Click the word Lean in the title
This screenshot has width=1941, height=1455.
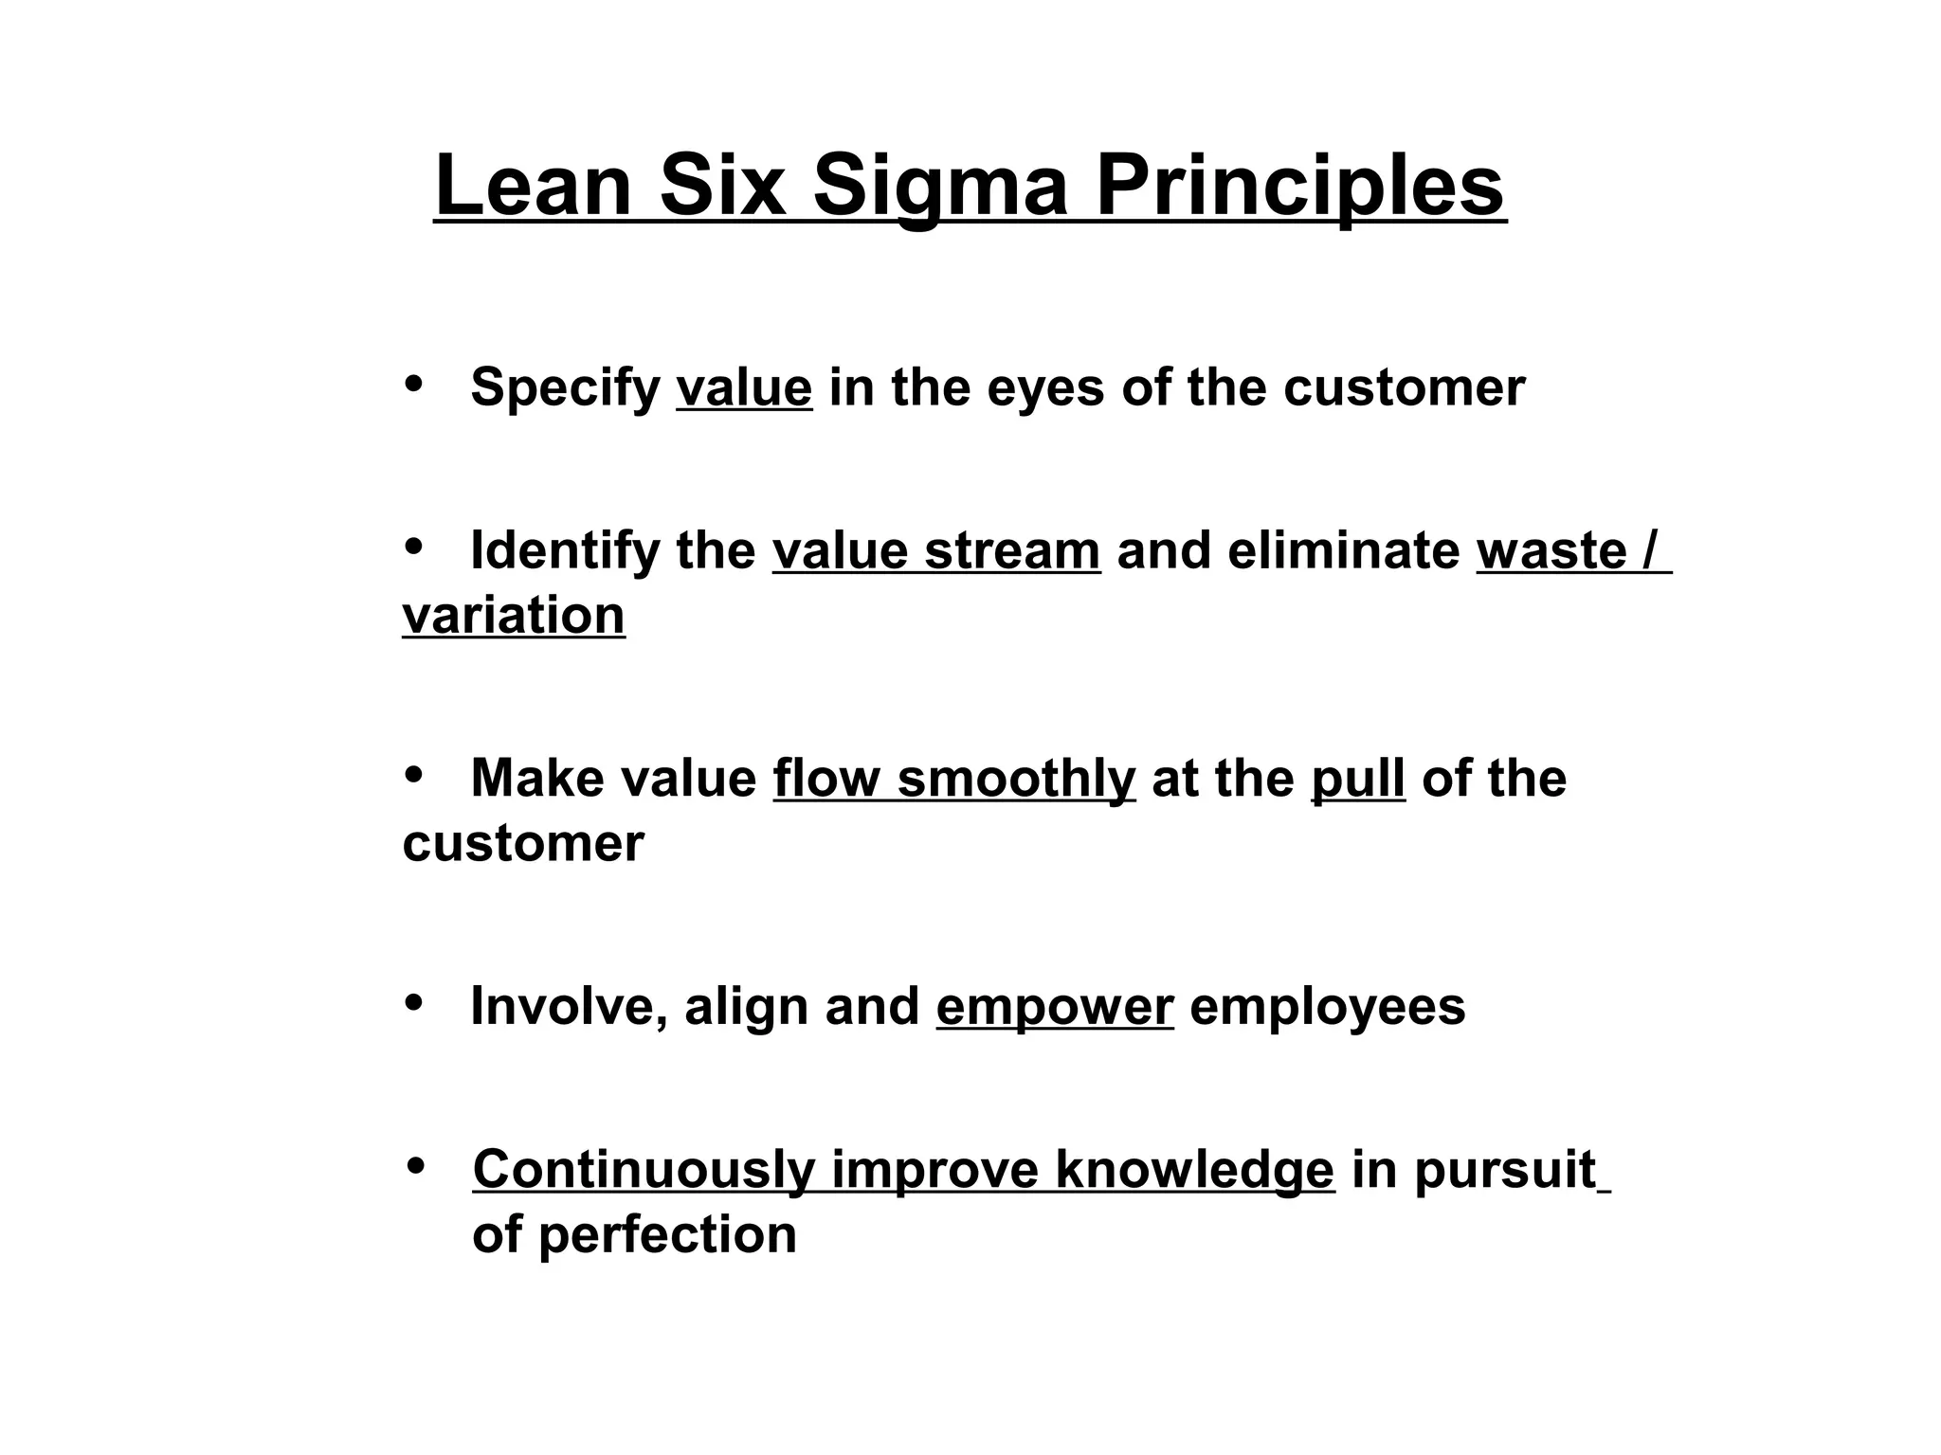pyautogui.click(x=534, y=186)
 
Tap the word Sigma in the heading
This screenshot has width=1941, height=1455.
pyautogui.click(x=940, y=186)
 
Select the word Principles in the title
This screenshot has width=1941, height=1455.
pyautogui.click(x=1299, y=186)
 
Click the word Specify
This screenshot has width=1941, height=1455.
pyautogui.click(x=565, y=387)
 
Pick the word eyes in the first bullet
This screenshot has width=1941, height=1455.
pyautogui.click(x=1045, y=387)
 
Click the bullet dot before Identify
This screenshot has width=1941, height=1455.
pyautogui.click(x=413, y=546)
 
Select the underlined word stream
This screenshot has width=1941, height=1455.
pyautogui.click(x=1012, y=550)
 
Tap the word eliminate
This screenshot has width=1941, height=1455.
pyautogui.click(x=1343, y=550)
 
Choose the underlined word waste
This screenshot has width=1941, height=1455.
pyautogui.click(x=1551, y=550)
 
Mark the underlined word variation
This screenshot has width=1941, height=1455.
pyautogui.click(x=514, y=616)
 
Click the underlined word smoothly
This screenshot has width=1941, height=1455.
pyautogui.click(x=1016, y=779)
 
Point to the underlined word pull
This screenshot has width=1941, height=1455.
pyautogui.click(x=1358, y=779)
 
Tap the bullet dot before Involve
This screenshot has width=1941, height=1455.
pyautogui.click(x=413, y=1001)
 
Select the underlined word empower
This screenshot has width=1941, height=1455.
pyautogui.click(x=1055, y=1007)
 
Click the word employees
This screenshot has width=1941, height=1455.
pyautogui.click(x=1327, y=1006)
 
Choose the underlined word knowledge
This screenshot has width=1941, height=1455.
pyautogui.click(x=1194, y=1170)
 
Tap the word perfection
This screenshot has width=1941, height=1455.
pyautogui.click(x=667, y=1235)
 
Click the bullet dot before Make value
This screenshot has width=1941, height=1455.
pyautogui.click(x=413, y=774)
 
